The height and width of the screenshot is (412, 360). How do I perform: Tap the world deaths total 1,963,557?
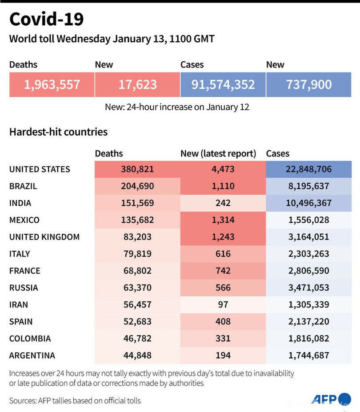(52, 84)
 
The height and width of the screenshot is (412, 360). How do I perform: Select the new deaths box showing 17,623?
(137, 84)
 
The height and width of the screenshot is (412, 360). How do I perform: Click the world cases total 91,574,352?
(223, 84)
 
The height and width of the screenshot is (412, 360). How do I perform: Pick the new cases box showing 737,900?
(309, 84)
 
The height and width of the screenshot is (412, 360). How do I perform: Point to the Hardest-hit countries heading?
(58, 132)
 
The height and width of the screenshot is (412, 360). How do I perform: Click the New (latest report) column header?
(218, 154)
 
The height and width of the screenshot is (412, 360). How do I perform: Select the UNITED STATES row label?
(40, 169)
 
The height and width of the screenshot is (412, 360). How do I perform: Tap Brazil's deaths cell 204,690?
(137, 186)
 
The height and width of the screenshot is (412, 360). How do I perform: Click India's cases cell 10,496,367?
(309, 203)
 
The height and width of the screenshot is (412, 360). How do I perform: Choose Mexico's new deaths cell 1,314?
(223, 220)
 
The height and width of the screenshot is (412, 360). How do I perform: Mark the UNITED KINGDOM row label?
(44, 237)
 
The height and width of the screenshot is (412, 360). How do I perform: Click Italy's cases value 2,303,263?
(309, 254)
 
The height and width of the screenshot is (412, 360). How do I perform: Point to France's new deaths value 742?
(223, 271)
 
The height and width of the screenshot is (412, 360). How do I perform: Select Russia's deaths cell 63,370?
(137, 288)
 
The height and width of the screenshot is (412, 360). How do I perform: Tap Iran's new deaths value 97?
(223, 304)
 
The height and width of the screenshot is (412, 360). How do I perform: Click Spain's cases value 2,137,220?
(309, 321)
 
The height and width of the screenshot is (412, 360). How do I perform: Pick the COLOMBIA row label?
(30, 338)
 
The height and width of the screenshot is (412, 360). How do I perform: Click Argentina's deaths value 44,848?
(137, 355)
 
